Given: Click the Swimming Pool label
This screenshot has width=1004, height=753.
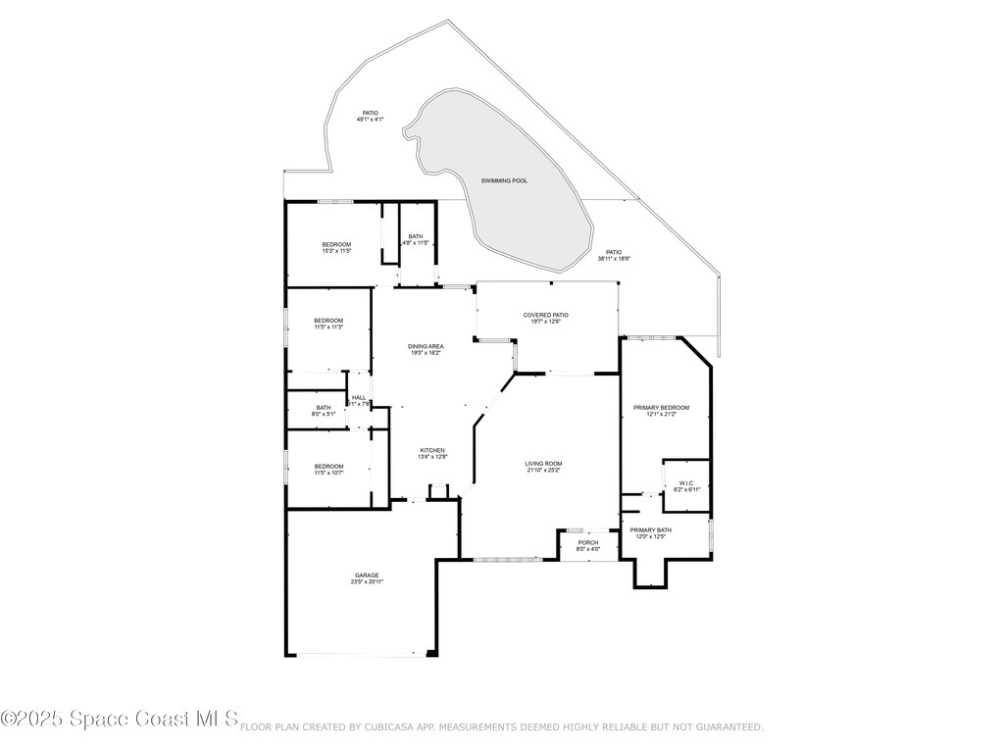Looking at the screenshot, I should pyautogui.click(x=504, y=181).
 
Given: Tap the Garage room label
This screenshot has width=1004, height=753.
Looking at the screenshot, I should pyautogui.click(x=367, y=576).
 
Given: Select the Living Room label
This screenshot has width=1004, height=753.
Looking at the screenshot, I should pyautogui.click(x=544, y=464).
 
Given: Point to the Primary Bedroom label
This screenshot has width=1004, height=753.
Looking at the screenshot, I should pyautogui.click(x=661, y=408).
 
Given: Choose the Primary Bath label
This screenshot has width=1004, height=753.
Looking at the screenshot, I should pyautogui.click(x=652, y=530).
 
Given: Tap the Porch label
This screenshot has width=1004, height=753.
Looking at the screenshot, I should pyautogui.click(x=588, y=542).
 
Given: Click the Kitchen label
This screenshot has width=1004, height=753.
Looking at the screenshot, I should pyautogui.click(x=432, y=451).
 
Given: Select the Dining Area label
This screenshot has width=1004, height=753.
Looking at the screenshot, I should pyautogui.click(x=427, y=346).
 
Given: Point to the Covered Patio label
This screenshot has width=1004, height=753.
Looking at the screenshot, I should pyautogui.click(x=546, y=315).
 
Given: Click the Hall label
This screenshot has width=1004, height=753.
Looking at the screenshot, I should pyautogui.click(x=359, y=397).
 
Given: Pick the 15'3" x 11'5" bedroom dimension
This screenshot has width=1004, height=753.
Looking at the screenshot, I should pyautogui.click(x=336, y=251).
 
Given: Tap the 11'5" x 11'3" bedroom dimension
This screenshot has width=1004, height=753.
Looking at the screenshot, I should pyautogui.click(x=328, y=327).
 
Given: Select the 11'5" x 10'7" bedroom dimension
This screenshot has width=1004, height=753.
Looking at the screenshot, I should pyautogui.click(x=328, y=473).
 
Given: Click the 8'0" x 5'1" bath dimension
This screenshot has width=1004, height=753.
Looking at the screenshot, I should pyautogui.click(x=324, y=415).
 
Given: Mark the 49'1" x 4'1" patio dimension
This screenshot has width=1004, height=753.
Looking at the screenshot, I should pyautogui.click(x=370, y=120).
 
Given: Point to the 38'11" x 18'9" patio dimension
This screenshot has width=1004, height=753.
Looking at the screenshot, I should pyautogui.click(x=614, y=259).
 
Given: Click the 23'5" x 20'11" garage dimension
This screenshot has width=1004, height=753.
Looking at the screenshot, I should pyautogui.click(x=367, y=582).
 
